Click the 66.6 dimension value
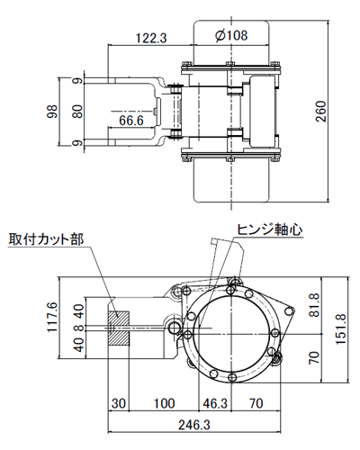[130, 118]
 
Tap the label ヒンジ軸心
[269, 229]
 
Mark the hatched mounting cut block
[119, 329]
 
